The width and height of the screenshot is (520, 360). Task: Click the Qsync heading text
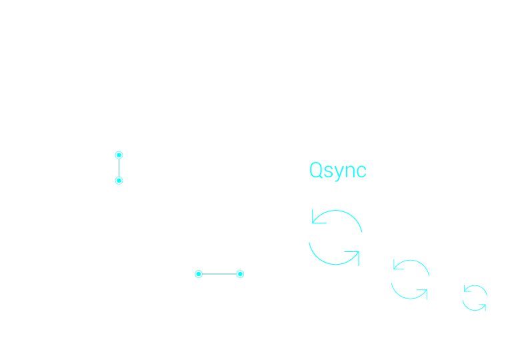(337, 170)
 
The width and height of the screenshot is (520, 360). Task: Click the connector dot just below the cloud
(119, 155)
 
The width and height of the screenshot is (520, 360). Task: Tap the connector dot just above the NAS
(119, 181)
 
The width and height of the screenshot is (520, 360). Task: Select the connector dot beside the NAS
(198, 273)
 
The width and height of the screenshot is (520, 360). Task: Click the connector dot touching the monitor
(240, 273)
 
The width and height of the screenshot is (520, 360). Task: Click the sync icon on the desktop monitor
(335, 237)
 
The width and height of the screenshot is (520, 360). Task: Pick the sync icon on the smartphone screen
(475, 297)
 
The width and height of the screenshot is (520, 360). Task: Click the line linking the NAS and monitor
(219, 273)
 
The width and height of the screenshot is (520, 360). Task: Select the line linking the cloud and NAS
(119, 167)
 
